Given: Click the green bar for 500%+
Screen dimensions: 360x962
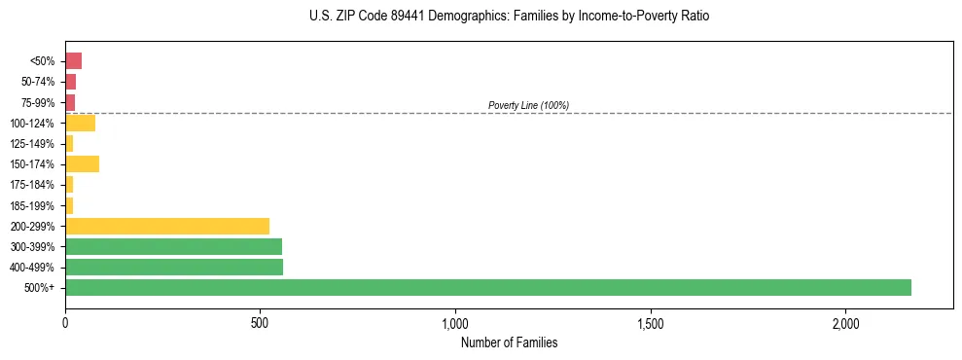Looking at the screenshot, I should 487,287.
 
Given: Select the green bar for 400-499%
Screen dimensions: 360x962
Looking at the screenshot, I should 174,267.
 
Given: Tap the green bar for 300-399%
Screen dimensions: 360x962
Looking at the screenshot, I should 173,246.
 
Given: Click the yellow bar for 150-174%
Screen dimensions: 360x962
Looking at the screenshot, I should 82,163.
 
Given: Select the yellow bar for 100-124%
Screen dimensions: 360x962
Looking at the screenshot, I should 80,123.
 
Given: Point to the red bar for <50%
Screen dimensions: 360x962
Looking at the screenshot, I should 73,60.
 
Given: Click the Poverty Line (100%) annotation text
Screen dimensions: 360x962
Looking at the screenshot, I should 528,105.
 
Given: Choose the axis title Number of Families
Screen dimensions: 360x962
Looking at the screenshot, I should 509,342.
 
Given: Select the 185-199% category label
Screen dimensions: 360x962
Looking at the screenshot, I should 34,205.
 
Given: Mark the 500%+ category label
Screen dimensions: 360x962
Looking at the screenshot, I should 40,288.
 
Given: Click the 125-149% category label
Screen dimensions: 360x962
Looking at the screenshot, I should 34,144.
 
